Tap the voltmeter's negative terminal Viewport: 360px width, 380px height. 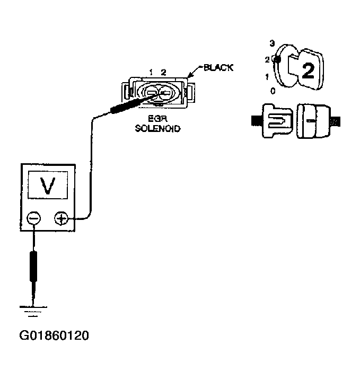click(34, 218)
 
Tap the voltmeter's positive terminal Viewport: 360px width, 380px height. click(62, 218)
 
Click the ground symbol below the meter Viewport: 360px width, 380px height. click(33, 311)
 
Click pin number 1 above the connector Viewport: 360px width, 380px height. click(151, 72)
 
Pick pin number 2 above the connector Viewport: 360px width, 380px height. click(163, 72)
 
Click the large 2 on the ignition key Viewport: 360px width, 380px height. click(308, 69)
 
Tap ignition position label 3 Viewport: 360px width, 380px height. click(271, 43)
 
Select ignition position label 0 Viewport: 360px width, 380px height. click(273, 91)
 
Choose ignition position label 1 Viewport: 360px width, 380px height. click(267, 77)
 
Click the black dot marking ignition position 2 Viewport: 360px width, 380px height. click(277, 60)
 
